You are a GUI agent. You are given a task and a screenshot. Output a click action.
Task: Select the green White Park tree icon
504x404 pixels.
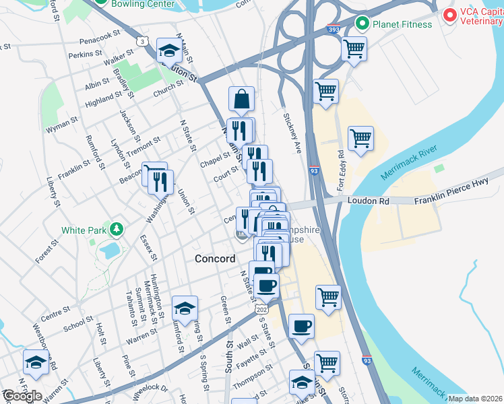click(118, 230)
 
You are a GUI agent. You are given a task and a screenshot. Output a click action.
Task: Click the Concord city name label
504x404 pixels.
click(215, 259)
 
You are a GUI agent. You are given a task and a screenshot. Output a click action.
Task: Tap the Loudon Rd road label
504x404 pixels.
click(369, 201)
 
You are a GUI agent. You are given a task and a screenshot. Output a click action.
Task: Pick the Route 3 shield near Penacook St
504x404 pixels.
click(142, 42)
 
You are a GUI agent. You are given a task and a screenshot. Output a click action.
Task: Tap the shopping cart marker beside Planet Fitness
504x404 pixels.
click(354, 48)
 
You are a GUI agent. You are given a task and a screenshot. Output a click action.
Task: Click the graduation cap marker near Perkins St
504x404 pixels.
click(168, 50)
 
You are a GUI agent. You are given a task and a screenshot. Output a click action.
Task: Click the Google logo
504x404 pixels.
click(22, 396)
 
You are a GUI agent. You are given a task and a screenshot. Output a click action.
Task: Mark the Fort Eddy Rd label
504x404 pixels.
click(340, 168)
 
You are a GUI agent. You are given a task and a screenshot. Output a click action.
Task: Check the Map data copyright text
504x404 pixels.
click(475, 399)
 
